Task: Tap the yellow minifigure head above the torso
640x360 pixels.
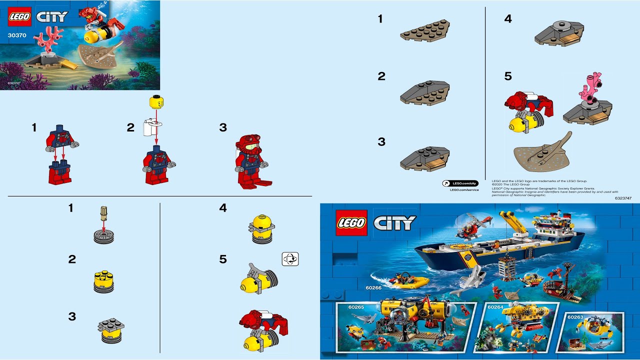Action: [156, 103]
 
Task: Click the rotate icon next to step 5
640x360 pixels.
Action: [290, 259]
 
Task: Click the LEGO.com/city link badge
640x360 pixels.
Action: [460, 183]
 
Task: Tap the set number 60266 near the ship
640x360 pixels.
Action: [373, 288]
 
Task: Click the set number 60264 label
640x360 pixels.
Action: [495, 306]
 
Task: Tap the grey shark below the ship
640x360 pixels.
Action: [469, 280]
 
